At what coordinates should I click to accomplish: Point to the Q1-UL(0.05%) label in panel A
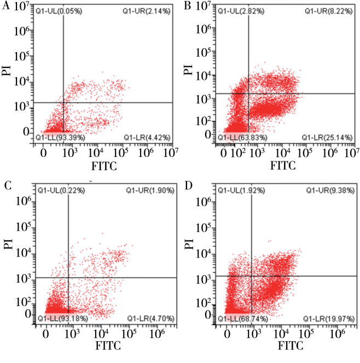point(59,10)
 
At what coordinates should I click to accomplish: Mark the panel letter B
point(189,7)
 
